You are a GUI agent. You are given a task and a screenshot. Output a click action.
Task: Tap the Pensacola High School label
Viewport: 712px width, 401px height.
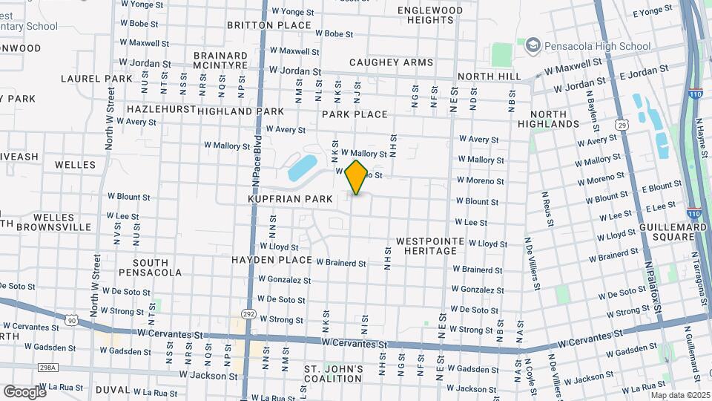pos(587,46)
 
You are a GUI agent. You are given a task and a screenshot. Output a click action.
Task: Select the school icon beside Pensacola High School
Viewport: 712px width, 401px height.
pos(532,46)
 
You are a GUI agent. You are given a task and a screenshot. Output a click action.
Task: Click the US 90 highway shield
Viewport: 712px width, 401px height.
pos(71,320)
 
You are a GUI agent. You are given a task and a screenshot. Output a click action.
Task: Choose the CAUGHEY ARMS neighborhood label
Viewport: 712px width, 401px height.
pos(391,62)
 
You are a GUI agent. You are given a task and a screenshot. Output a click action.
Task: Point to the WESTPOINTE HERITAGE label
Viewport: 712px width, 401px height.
pos(430,247)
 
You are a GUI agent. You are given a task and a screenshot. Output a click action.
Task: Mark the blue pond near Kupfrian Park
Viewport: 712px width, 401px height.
pos(301,168)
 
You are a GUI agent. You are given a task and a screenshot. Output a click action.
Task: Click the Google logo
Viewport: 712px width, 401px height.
pos(24,391)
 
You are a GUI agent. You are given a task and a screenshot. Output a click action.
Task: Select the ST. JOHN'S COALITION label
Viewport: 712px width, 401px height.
pos(334,374)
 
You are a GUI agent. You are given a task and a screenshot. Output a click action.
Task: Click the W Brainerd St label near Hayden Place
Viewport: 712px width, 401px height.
pos(341,263)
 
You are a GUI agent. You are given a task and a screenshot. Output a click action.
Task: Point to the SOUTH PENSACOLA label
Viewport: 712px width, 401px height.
pos(156,267)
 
